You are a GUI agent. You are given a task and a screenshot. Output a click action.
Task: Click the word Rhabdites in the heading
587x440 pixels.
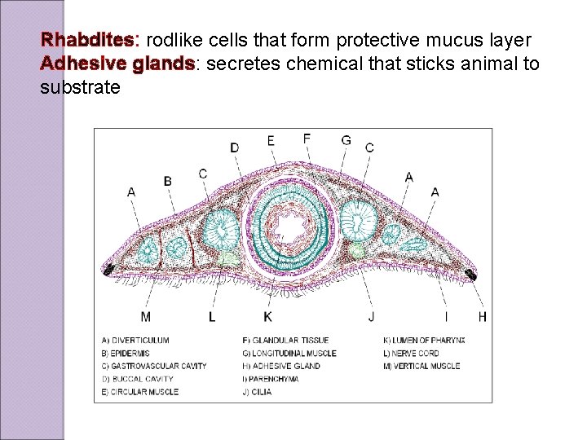[x=90, y=40]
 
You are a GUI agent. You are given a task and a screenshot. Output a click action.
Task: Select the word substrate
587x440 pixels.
[x=80, y=87]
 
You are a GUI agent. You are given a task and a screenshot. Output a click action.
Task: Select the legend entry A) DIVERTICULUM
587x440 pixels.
[x=135, y=341]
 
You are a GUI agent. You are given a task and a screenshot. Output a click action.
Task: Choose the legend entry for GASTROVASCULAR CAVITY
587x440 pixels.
[x=154, y=366]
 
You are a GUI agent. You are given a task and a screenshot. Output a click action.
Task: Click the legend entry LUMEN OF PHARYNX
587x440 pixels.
[x=424, y=341]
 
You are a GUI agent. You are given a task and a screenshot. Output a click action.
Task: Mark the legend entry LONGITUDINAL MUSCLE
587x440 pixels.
[x=289, y=353]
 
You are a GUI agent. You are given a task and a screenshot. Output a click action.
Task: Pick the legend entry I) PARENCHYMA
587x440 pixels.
[x=271, y=379]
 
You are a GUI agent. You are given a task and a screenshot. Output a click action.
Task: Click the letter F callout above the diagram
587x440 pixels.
[x=307, y=139]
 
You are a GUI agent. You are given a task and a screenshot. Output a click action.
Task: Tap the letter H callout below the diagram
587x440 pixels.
[x=482, y=316]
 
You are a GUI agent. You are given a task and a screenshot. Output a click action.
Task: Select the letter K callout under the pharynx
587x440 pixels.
[x=267, y=316]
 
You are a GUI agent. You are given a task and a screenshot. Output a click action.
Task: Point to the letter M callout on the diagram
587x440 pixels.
[x=145, y=316]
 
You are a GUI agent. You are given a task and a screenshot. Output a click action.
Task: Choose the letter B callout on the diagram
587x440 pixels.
[x=168, y=180]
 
